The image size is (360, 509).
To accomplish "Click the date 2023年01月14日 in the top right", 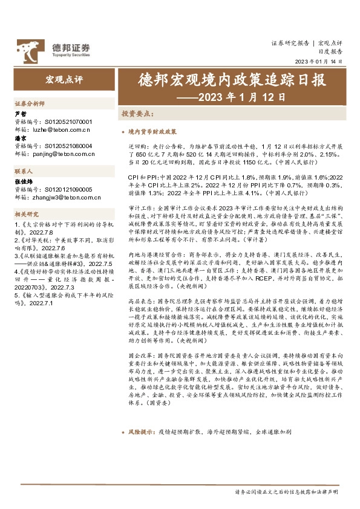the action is pos(319,62).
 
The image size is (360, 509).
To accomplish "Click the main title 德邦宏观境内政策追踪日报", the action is pos(223,80).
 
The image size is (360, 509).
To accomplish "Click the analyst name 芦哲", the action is pos(20,114).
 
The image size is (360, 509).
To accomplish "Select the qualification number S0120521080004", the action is pos(68,146).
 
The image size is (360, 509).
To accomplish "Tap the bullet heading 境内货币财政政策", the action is pos(153,131).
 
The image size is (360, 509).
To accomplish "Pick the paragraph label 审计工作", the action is pos(139,207).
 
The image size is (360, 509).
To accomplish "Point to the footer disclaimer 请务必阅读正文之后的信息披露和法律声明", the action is pos(290,493).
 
